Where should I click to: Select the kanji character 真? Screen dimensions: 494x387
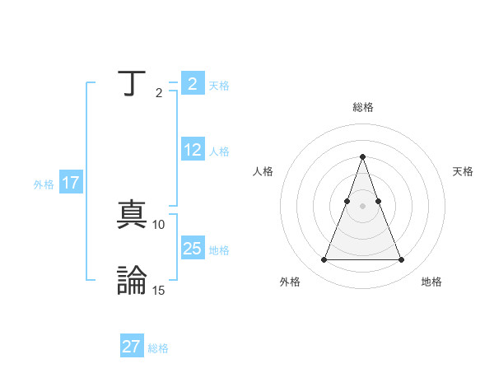pos(132,215)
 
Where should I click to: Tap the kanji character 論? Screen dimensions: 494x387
pos(132,280)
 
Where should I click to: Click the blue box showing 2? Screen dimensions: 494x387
pos(192,84)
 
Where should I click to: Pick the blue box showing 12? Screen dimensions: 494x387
pos(192,150)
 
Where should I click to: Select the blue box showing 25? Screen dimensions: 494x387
pos(192,248)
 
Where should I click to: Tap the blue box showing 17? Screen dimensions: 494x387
pos(71,183)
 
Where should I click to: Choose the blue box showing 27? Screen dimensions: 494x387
pos(132,347)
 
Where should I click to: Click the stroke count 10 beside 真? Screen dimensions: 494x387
pos(159,224)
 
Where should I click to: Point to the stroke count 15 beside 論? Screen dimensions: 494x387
pos(159,290)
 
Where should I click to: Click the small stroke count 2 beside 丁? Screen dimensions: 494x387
pos(159,93)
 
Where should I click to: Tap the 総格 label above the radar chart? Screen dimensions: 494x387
pos(363,107)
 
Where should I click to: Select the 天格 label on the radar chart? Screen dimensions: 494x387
pos(464,171)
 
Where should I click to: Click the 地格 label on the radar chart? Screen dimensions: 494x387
pos(431,282)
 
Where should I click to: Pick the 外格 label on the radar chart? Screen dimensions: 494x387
pos(290,282)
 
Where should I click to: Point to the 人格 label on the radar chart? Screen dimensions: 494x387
pos(263,171)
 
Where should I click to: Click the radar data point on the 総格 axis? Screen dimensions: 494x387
pos(362,156)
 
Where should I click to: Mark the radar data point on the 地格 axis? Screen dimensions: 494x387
pos(401,260)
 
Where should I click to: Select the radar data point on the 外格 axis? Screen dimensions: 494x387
pos(324,260)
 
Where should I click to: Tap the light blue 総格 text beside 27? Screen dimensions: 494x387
pos(158,348)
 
